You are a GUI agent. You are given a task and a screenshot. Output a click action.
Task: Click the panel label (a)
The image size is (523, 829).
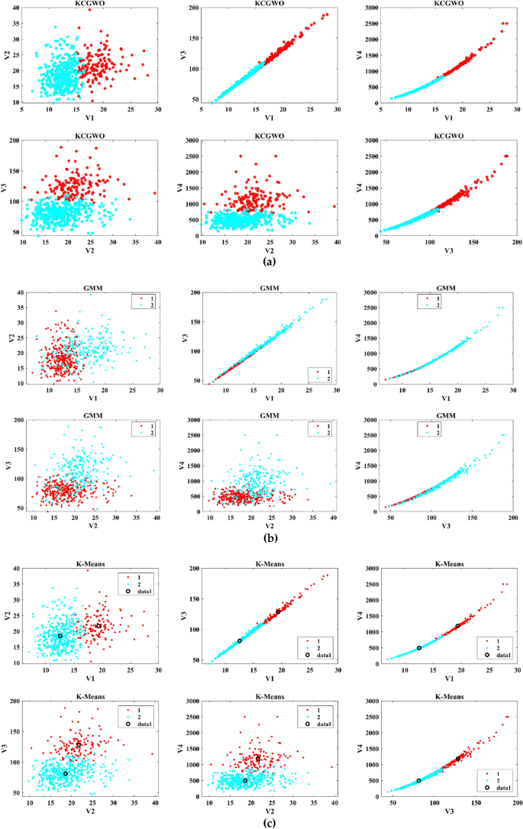[269, 261]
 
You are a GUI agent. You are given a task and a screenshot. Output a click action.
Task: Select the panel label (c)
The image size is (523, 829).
[269, 822]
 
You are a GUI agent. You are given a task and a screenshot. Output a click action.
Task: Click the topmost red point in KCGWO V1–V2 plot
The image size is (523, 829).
[89, 10]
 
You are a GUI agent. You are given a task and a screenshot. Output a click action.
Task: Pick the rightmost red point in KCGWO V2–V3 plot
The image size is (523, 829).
[155, 193]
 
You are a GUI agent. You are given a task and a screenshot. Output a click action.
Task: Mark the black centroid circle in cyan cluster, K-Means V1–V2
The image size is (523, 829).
[60, 635]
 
